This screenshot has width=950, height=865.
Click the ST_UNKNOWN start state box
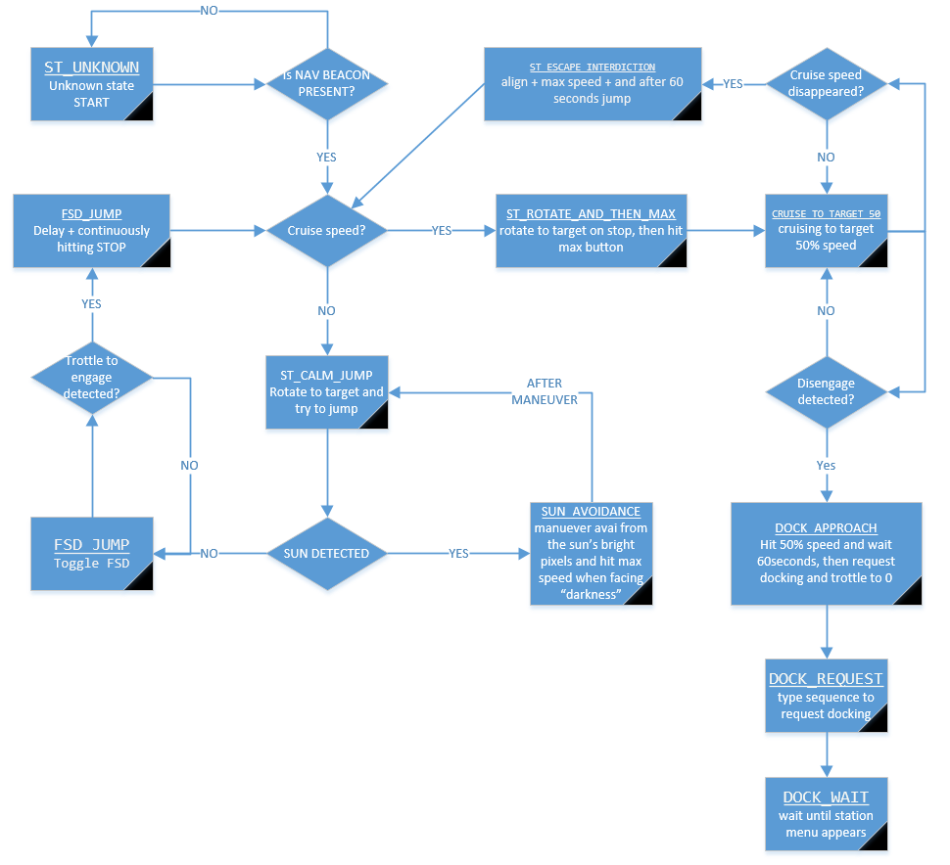[x=92, y=84]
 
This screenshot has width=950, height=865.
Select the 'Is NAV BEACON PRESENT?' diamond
[x=326, y=84]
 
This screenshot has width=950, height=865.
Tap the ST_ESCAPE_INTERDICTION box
[x=594, y=84]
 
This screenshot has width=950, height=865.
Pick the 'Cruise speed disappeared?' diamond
[x=827, y=84]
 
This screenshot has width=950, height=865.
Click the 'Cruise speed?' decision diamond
[x=326, y=231]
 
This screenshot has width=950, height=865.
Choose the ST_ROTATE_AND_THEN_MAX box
[x=592, y=231]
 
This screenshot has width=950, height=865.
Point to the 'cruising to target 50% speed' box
[x=827, y=231]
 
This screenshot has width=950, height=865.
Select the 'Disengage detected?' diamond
[x=827, y=390]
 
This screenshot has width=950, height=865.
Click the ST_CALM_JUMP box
[x=326, y=391]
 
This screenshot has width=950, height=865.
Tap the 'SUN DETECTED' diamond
[x=326, y=553]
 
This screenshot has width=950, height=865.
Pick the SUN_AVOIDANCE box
[x=592, y=553]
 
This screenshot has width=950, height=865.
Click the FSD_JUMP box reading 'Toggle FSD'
[x=92, y=554]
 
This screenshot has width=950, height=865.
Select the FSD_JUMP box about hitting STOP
[x=91, y=231]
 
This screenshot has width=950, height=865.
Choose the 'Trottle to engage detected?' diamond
[x=91, y=377]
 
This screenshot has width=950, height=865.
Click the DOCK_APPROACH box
[x=827, y=553]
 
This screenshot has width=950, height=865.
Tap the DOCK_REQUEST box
[x=827, y=695]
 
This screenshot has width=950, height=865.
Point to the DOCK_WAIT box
[x=827, y=813]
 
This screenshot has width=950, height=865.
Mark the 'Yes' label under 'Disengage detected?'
[x=827, y=466]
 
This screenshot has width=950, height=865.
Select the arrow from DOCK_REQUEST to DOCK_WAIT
[x=827, y=754]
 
